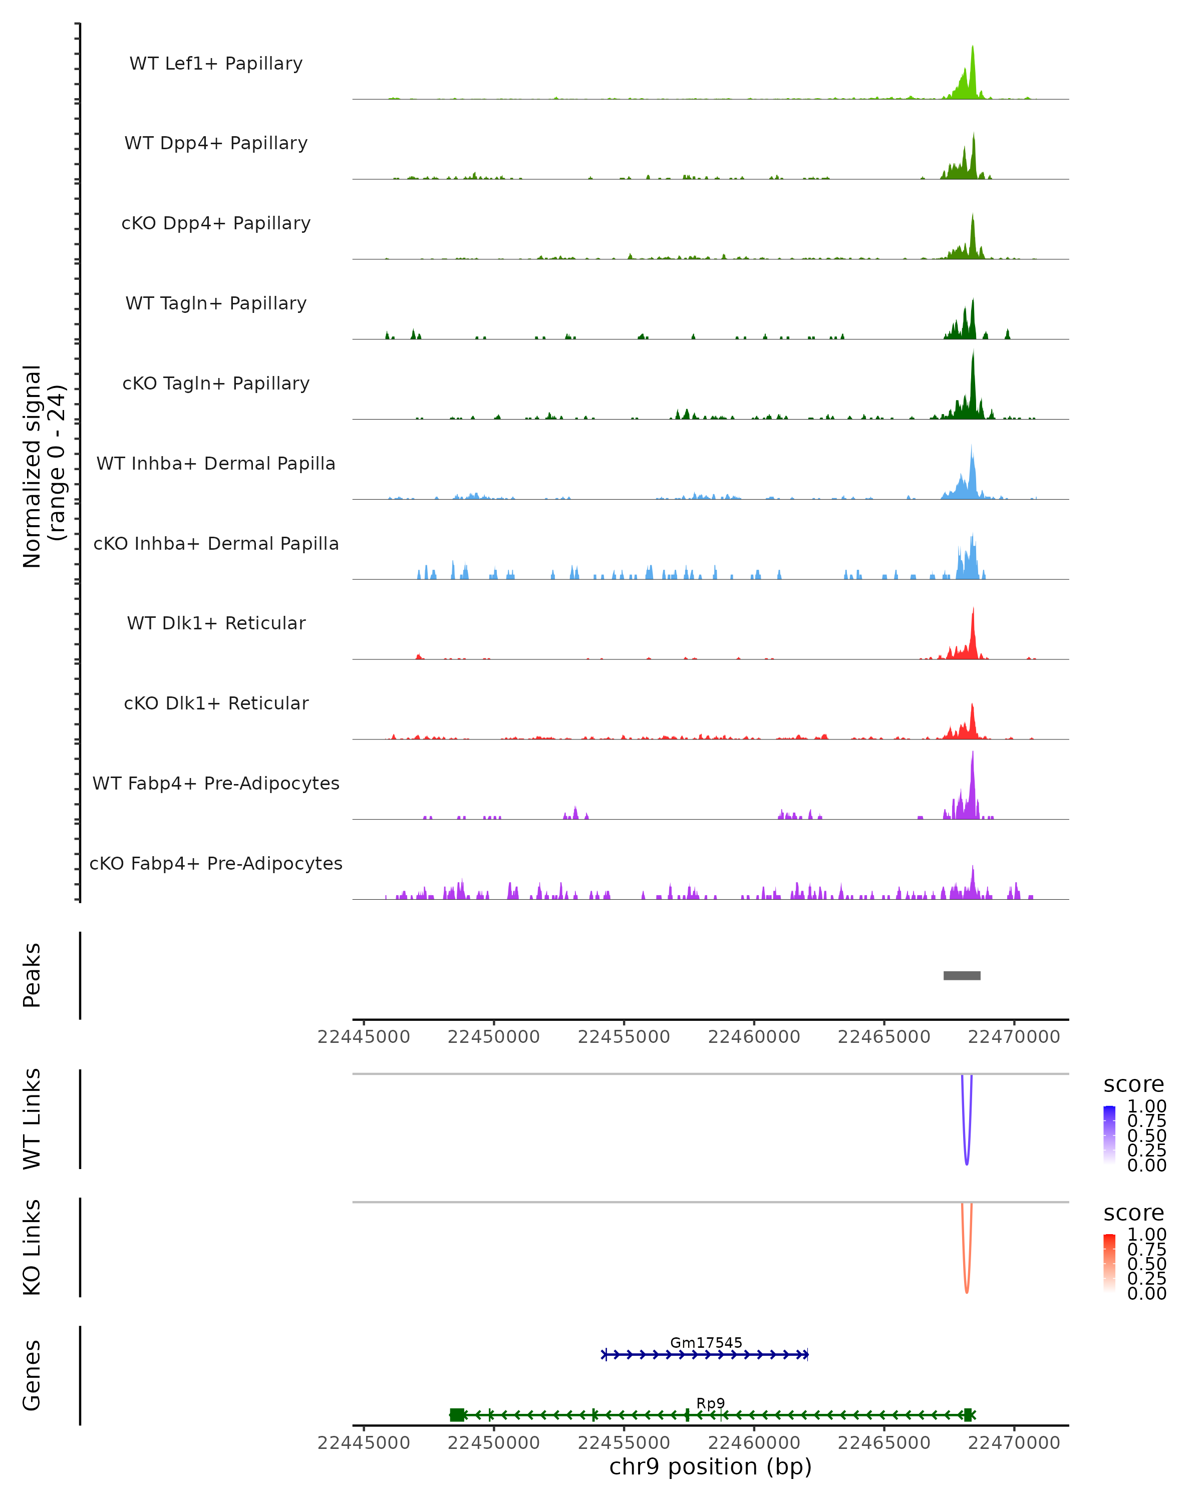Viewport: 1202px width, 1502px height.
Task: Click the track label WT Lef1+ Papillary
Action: [x=216, y=64]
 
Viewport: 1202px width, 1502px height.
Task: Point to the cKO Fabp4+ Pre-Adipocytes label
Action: [x=216, y=863]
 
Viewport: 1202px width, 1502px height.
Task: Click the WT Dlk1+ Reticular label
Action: [x=216, y=623]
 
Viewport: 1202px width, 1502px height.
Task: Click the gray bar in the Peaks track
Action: [x=962, y=976]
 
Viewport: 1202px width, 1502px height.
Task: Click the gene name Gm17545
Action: [x=706, y=1342]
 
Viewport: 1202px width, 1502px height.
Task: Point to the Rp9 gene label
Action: [x=710, y=1403]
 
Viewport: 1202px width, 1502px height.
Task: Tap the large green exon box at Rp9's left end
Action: [x=457, y=1415]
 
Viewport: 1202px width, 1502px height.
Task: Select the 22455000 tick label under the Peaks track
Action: [x=624, y=1037]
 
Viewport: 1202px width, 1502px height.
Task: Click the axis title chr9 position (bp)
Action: [x=710, y=1467]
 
